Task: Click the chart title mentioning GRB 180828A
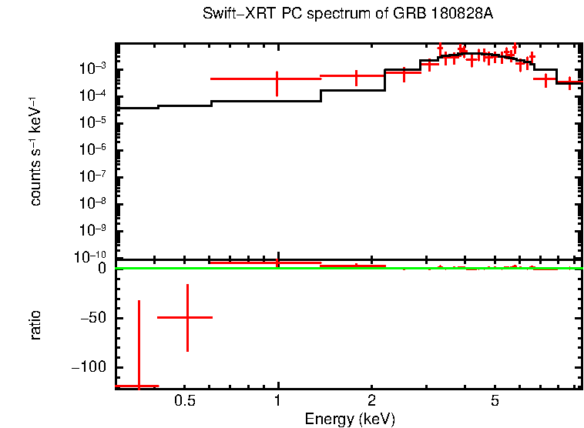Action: click(347, 15)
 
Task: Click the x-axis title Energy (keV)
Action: click(350, 419)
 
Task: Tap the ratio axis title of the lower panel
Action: click(35, 326)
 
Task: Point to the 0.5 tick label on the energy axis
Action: click(184, 401)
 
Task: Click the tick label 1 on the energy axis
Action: click(277, 401)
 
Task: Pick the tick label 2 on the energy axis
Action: click(371, 401)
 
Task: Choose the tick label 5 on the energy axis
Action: click(495, 401)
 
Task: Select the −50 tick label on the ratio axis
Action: click(93, 318)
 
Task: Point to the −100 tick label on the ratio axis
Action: click(90, 367)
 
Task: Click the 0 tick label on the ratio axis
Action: click(102, 269)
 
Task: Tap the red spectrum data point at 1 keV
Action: click(277, 79)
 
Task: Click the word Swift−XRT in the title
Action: click(234, 15)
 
